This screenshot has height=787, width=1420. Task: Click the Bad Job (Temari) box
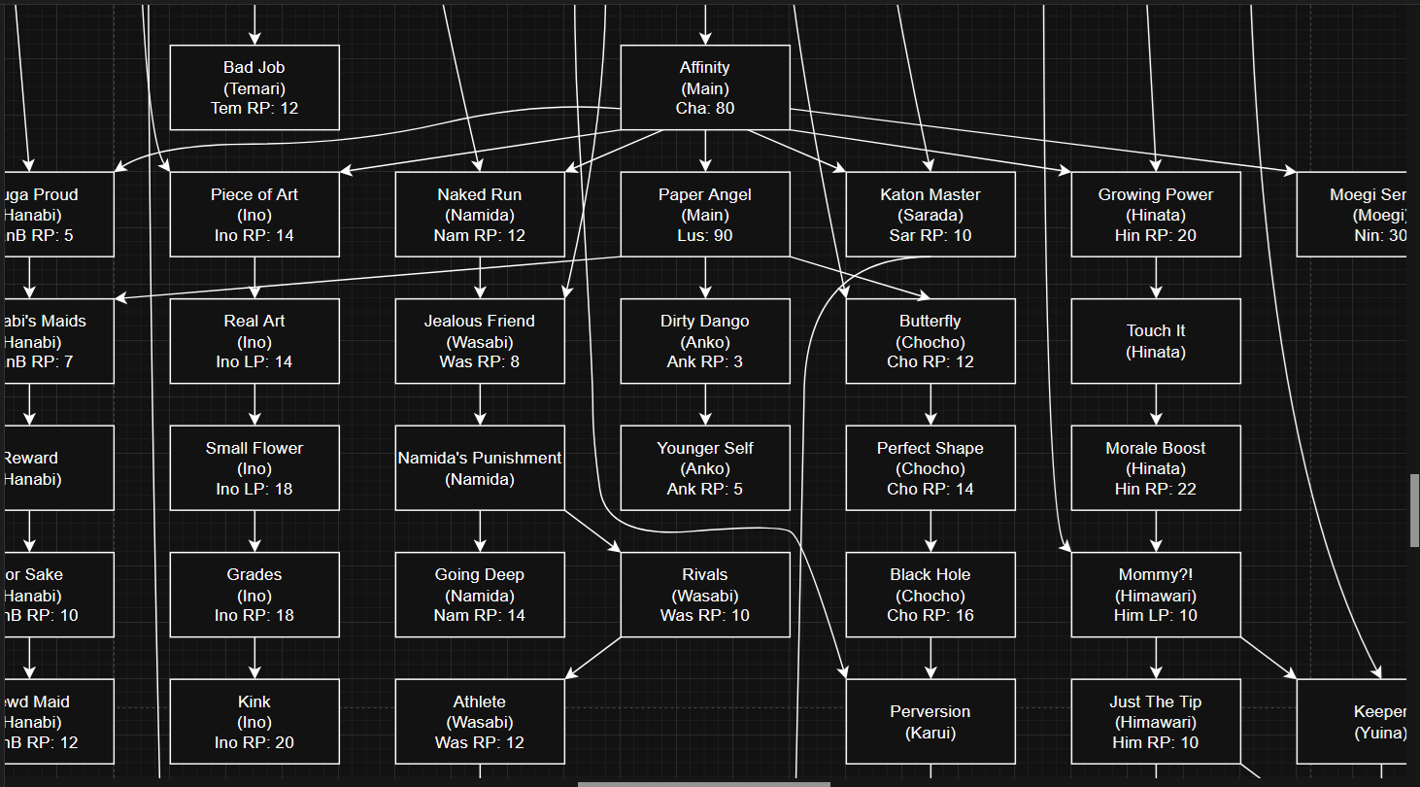click(x=254, y=87)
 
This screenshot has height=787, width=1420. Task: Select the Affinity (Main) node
click(x=705, y=87)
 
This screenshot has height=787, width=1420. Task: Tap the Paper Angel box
click(x=705, y=215)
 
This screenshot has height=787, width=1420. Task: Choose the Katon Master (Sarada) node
click(x=930, y=215)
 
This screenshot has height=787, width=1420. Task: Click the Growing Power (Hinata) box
click(x=1156, y=215)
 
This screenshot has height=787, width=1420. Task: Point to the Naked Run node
click(x=480, y=215)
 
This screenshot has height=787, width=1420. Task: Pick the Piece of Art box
click(x=254, y=215)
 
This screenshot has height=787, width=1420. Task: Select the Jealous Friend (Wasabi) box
click(x=480, y=341)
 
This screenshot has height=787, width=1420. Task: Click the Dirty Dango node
click(x=705, y=341)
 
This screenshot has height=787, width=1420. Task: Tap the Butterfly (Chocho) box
click(x=930, y=341)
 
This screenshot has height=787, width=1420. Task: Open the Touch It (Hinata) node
click(x=1156, y=341)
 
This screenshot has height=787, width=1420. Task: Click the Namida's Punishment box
click(x=480, y=468)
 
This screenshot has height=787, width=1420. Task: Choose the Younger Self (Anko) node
click(x=705, y=468)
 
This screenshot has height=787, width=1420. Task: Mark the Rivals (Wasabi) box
click(x=705, y=595)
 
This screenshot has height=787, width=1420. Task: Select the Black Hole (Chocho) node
click(x=930, y=595)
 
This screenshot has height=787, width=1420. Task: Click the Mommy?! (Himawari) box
click(x=1156, y=595)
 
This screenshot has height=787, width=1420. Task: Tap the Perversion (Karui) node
click(x=930, y=722)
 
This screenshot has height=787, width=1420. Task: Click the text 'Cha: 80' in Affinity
click(x=705, y=108)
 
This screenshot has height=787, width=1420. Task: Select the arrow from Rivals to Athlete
click(x=593, y=658)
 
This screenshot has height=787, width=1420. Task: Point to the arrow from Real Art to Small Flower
click(x=254, y=404)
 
